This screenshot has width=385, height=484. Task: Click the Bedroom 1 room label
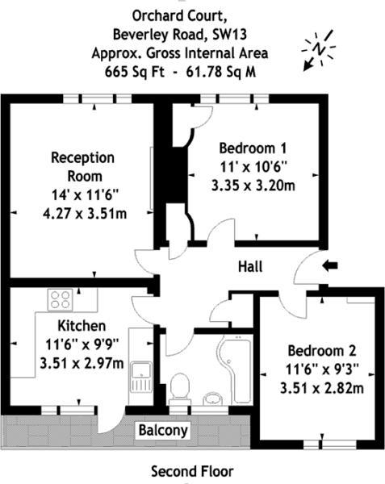(x=253, y=148)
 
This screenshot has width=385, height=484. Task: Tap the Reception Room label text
(x=83, y=167)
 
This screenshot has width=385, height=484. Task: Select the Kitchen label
(x=82, y=326)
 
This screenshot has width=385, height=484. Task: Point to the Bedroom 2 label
(x=322, y=351)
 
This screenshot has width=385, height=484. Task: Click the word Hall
(x=250, y=266)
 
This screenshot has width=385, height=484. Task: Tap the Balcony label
(x=163, y=430)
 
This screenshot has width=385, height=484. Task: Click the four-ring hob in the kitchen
(x=61, y=300)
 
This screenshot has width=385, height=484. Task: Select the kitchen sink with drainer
(x=141, y=378)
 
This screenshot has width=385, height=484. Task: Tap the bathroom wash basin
(x=213, y=398)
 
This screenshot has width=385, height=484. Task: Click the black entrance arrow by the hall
(x=330, y=265)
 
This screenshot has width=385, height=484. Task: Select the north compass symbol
(x=318, y=49)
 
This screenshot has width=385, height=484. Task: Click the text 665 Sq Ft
(x=135, y=72)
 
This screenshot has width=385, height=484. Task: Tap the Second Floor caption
(x=192, y=471)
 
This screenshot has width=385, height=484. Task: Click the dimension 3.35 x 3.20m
(x=253, y=186)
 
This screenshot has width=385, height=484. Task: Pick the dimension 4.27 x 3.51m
(x=85, y=213)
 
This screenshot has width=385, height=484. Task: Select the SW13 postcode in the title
(x=230, y=35)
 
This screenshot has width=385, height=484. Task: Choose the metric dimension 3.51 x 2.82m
(x=322, y=388)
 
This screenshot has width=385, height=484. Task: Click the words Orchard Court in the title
(x=180, y=16)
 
